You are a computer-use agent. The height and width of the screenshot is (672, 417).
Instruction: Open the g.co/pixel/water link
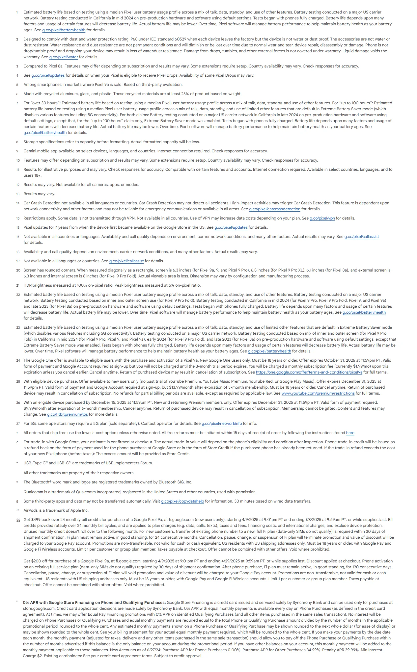tap(64, 57)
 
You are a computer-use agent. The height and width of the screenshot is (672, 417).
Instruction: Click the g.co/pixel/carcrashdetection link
tap(275, 209)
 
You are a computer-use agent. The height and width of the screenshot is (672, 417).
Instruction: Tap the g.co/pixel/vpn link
tap(322, 218)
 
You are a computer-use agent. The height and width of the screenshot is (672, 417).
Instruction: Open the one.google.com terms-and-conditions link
tap(309, 372)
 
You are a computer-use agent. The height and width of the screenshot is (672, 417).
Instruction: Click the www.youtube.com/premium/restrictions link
tap(318, 393)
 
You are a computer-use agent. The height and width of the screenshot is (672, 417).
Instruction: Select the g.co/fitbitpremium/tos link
tap(67, 414)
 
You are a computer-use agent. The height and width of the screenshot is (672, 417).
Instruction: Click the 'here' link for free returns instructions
tap(350, 433)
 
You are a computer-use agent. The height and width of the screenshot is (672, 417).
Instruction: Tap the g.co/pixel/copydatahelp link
tap(182, 501)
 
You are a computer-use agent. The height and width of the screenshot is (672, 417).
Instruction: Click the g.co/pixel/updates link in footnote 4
tap(48, 75)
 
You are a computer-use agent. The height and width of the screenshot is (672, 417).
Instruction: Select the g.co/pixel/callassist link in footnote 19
tap(126, 261)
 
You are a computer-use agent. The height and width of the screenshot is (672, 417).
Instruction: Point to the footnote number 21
tap(18, 285)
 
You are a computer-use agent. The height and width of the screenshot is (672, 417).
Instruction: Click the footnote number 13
tap(18, 194)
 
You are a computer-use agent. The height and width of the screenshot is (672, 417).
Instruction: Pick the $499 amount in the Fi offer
tap(37, 520)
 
